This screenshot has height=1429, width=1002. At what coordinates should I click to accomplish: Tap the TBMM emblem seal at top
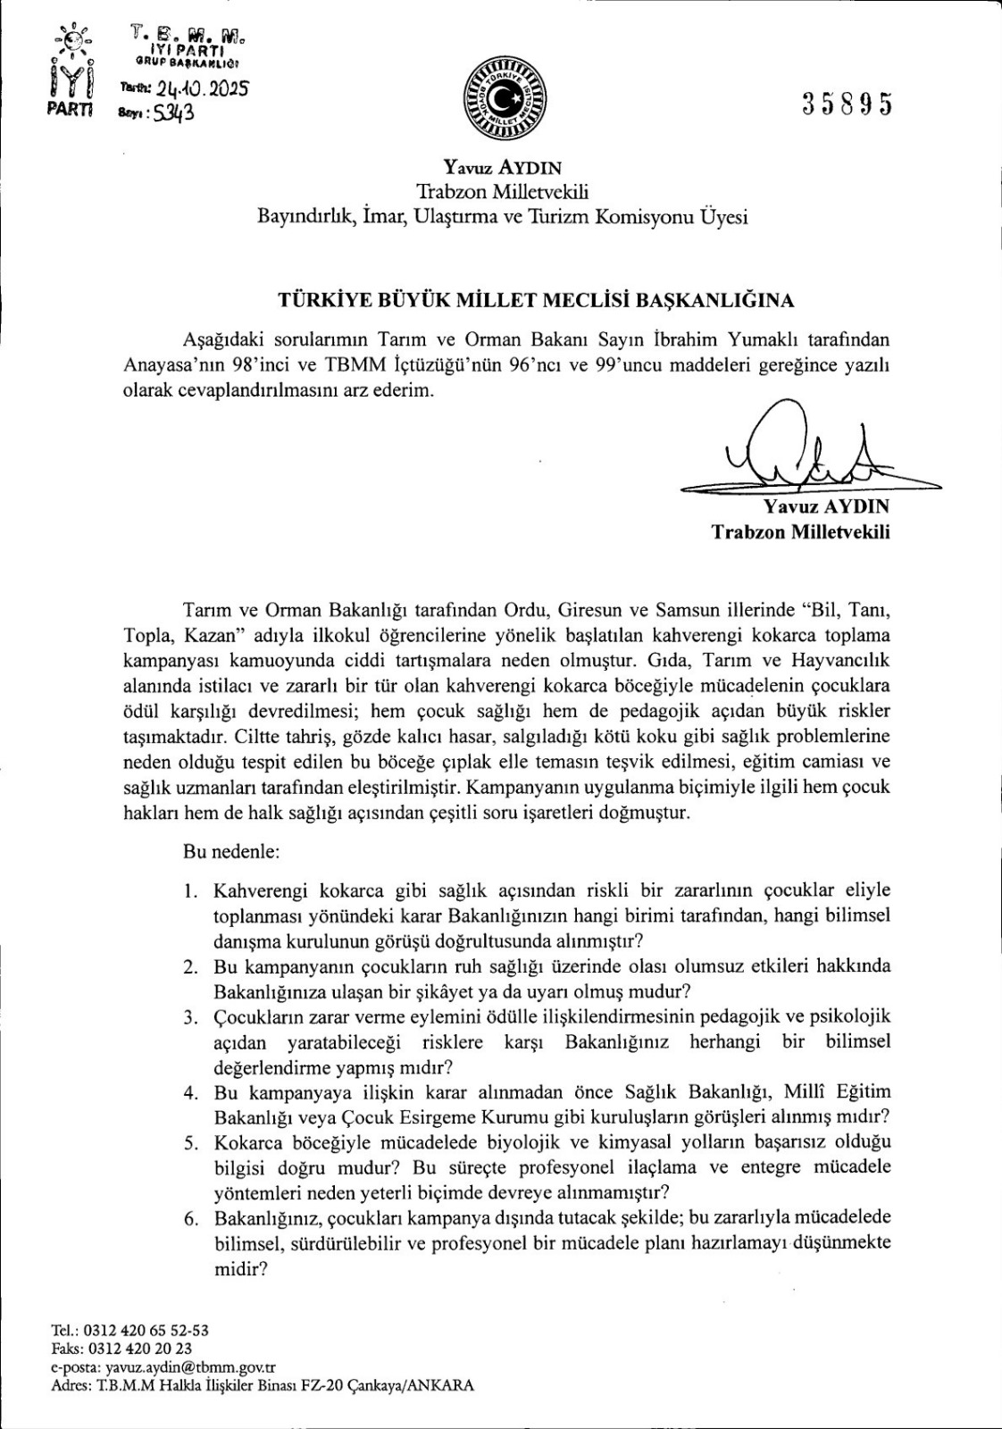tap(501, 99)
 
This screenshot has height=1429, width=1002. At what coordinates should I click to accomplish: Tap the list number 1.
tap(189, 890)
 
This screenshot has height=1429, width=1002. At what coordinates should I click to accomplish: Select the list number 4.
tap(189, 1091)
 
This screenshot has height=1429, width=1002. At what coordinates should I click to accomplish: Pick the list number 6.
tap(189, 1218)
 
